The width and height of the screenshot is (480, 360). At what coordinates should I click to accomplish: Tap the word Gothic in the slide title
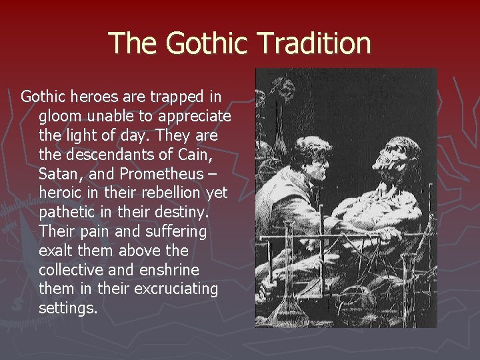click(x=205, y=43)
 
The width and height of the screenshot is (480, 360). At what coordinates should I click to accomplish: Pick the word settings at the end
click(x=68, y=309)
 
